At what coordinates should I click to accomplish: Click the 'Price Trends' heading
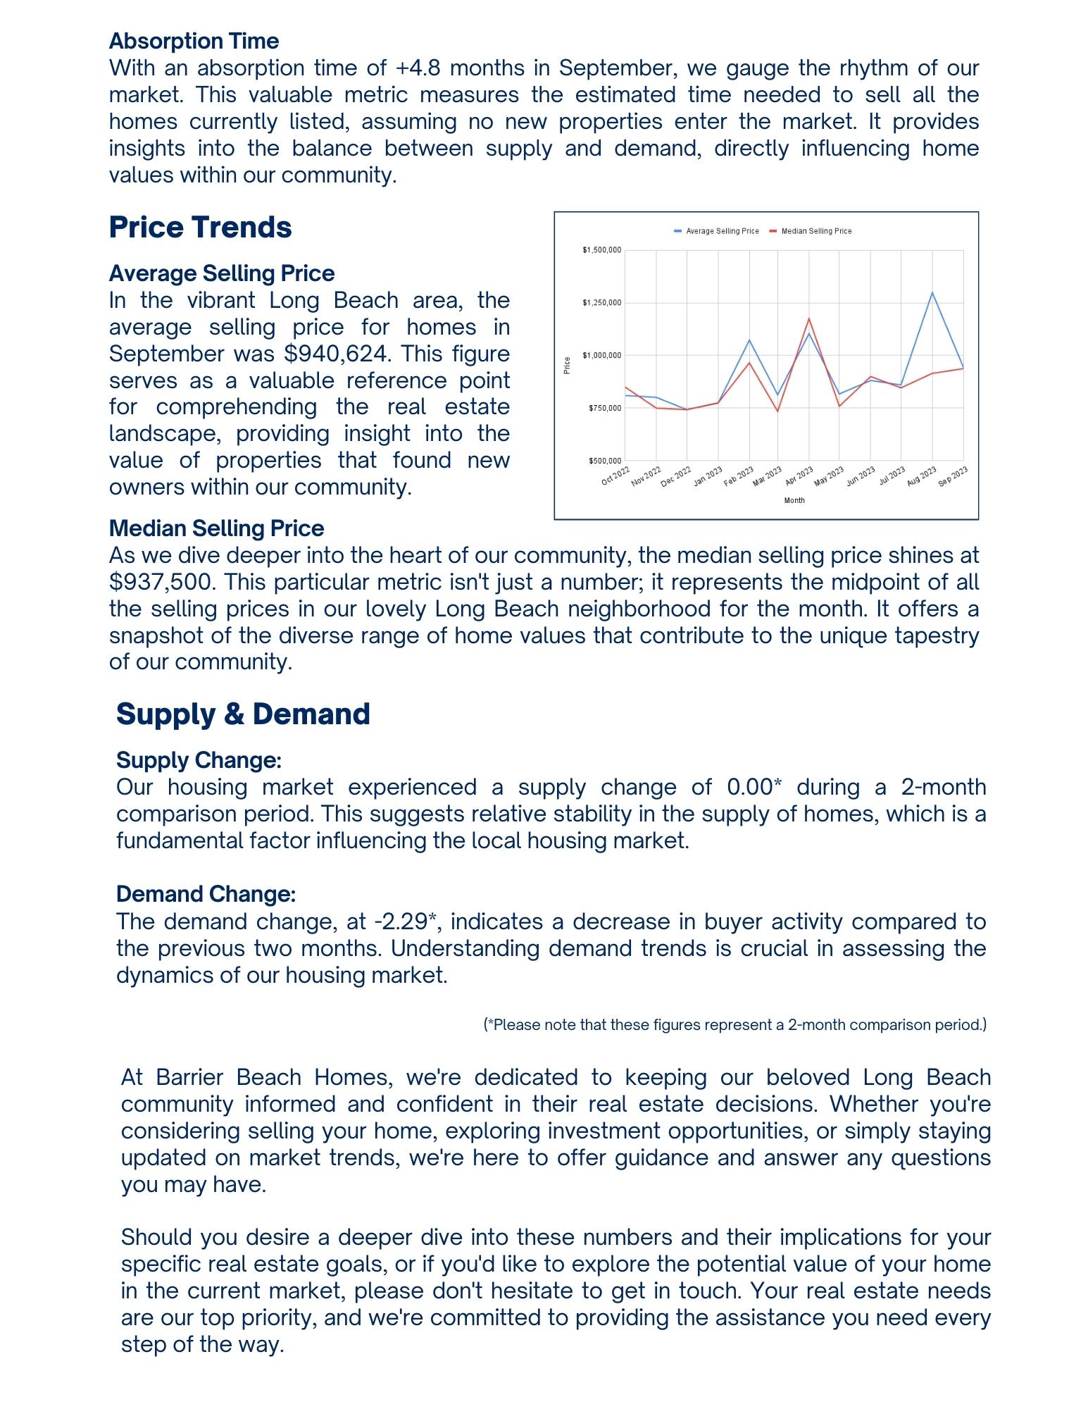pyautogui.click(x=200, y=228)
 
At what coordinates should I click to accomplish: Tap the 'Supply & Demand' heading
pyautogui.click(x=243, y=714)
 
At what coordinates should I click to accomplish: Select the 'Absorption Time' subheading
pyautogui.click(x=194, y=41)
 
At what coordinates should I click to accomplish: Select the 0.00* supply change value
pyautogui.click(x=754, y=787)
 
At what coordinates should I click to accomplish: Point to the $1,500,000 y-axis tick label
pyautogui.click(x=601, y=250)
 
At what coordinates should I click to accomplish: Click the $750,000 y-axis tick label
pyautogui.click(x=604, y=408)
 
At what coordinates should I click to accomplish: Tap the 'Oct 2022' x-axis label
pyautogui.click(x=615, y=475)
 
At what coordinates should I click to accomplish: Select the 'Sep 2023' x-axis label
pyautogui.click(x=953, y=476)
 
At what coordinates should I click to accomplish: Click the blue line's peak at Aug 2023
pyautogui.click(x=932, y=292)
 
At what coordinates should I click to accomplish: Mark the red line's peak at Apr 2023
pyautogui.click(x=809, y=318)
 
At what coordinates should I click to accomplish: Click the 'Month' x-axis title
pyautogui.click(x=794, y=500)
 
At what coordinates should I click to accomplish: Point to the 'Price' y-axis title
pyautogui.click(x=567, y=366)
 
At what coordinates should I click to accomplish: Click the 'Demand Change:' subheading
pyautogui.click(x=206, y=894)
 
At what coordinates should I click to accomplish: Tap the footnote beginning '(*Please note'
pyautogui.click(x=734, y=1024)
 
